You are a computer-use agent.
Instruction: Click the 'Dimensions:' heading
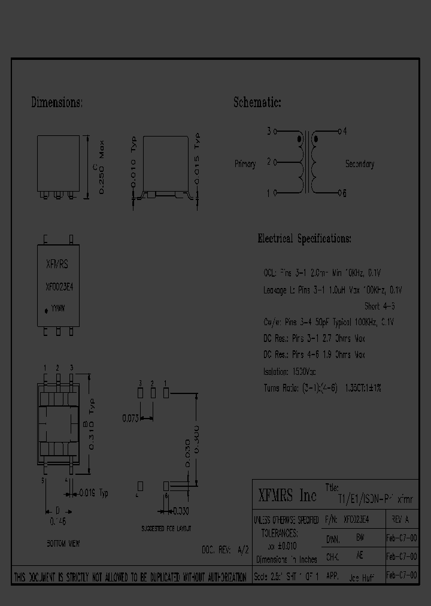[57, 103]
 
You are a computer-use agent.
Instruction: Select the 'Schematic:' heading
[257, 103]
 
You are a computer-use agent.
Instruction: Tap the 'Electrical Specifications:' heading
[304, 238]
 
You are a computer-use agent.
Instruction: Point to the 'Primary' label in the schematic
[245, 164]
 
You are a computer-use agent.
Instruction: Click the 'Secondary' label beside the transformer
[359, 164]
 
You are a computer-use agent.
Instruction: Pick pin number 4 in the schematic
[345, 131]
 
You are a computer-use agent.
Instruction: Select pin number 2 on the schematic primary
[269, 162]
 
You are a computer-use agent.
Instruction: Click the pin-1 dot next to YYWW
[46, 311]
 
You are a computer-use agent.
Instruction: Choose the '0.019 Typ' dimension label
[93, 494]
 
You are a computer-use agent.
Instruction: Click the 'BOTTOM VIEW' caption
[63, 544]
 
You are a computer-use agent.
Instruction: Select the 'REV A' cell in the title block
[400, 519]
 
